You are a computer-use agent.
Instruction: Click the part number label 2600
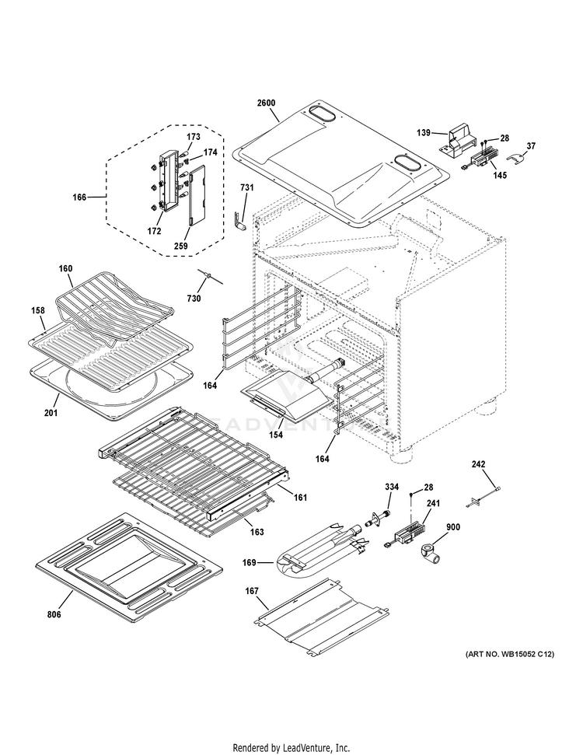[266, 103]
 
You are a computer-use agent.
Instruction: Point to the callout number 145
[499, 176]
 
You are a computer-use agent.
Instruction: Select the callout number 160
[65, 269]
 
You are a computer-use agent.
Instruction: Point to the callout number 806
[54, 615]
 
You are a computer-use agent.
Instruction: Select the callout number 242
[479, 464]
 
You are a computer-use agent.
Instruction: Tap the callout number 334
[392, 487]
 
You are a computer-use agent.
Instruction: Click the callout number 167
[252, 592]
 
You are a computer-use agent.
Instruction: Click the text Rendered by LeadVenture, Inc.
[291, 747]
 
